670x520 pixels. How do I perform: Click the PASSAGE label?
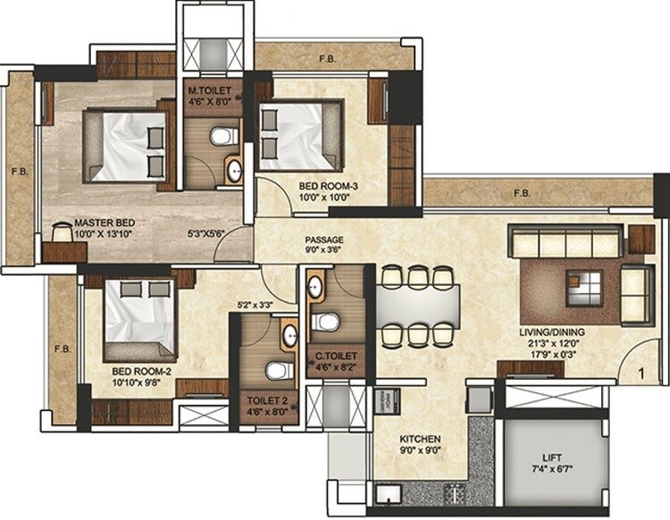pyautogui.click(x=323, y=240)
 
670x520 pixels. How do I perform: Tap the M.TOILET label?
pyautogui.click(x=210, y=91)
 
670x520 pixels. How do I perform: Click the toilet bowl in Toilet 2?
pyautogui.click(x=276, y=370)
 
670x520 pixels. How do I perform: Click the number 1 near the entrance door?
pyautogui.click(x=641, y=365)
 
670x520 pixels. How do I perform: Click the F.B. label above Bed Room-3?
pyautogui.click(x=328, y=59)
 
